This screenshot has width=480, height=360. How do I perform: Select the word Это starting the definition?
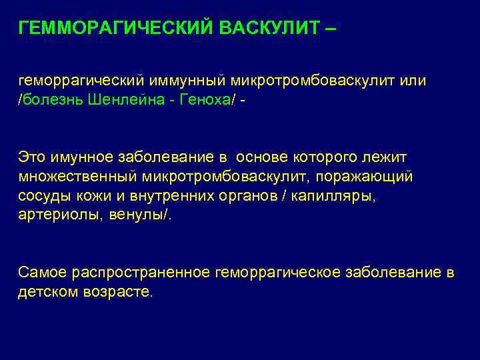[32, 157]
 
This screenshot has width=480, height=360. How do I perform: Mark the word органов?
[251, 196]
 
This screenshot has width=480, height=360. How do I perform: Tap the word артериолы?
[56, 215]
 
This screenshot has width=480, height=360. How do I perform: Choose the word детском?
[46, 292]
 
